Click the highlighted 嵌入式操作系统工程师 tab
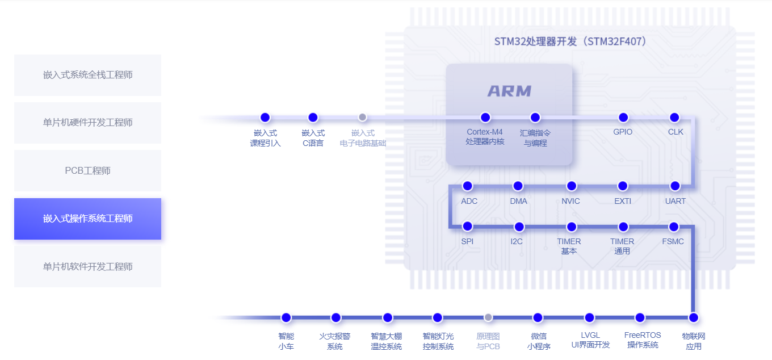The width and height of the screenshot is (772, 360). [x=87, y=219]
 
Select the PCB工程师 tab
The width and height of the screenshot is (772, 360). [x=87, y=170]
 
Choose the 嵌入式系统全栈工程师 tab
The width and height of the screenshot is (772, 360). [x=87, y=75]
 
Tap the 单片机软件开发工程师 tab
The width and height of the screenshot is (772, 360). [x=87, y=266]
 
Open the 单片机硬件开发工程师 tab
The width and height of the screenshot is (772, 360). [x=87, y=123]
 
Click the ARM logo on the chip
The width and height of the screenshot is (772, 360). [x=509, y=91]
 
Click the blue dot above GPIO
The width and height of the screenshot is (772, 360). [x=623, y=118]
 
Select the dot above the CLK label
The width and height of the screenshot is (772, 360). [x=674, y=118]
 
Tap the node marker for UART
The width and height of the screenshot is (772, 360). [x=675, y=186]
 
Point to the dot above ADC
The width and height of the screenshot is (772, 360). [x=468, y=186]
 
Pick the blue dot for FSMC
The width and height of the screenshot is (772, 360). [x=674, y=227]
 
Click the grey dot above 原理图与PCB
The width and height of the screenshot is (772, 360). [x=488, y=317]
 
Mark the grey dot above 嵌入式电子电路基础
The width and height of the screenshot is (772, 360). [x=363, y=117]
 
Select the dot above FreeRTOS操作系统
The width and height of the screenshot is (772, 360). [x=640, y=317]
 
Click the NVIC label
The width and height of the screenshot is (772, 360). [x=570, y=201]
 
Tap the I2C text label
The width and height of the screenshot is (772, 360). [x=516, y=241]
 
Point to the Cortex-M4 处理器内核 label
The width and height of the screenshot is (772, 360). [x=485, y=137]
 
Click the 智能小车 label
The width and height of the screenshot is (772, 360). [x=286, y=341]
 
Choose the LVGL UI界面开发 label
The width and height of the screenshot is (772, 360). [x=590, y=340]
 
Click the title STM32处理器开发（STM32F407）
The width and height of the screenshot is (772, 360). [x=570, y=41]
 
